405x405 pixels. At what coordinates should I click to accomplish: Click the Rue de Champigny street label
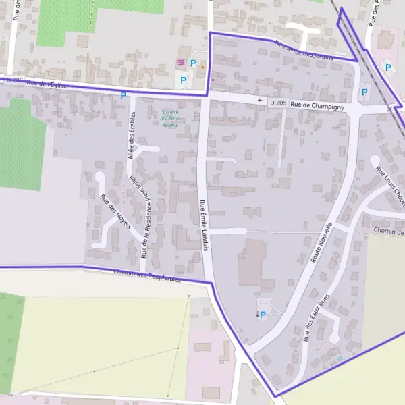point(318,105)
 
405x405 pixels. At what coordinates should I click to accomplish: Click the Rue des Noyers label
point(115,211)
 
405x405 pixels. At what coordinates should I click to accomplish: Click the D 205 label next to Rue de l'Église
point(15,81)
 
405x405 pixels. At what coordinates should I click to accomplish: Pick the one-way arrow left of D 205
point(261,101)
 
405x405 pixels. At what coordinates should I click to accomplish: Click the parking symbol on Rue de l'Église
point(123,96)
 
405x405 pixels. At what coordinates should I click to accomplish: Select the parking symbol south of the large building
point(263,315)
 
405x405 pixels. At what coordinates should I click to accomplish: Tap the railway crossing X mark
point(389,109)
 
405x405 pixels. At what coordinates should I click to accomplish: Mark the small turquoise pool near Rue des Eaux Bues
point(340,358)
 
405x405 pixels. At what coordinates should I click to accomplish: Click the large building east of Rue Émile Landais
point(251,262)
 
